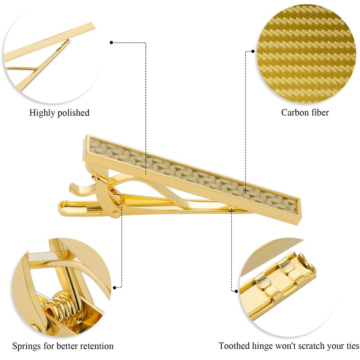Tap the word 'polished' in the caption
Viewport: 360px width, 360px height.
[73, 113]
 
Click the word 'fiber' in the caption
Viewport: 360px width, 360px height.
[320, 112]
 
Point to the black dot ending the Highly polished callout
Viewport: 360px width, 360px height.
[111, 43]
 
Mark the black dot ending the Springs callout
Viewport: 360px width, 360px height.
[115, 287]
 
